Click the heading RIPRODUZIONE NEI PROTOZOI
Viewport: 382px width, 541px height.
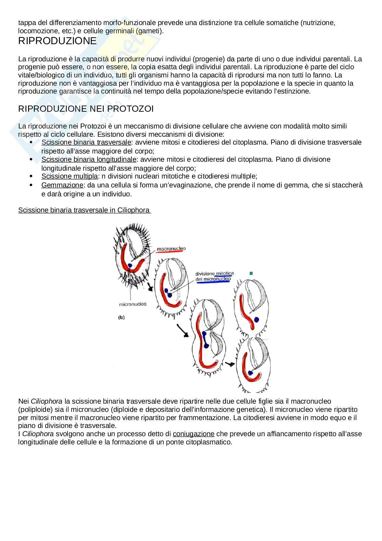86,109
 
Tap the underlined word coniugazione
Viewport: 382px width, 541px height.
193,434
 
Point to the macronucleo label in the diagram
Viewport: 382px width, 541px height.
171,248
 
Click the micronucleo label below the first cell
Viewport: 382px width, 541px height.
132,304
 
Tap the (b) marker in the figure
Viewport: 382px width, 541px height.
121,317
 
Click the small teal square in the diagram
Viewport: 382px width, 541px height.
251,273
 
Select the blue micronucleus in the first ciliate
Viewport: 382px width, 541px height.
130,266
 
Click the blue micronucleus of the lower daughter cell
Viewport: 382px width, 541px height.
251,373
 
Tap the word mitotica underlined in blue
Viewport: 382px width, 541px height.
225,273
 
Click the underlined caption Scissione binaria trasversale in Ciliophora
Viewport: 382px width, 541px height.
84,210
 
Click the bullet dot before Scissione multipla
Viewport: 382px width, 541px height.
31,176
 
